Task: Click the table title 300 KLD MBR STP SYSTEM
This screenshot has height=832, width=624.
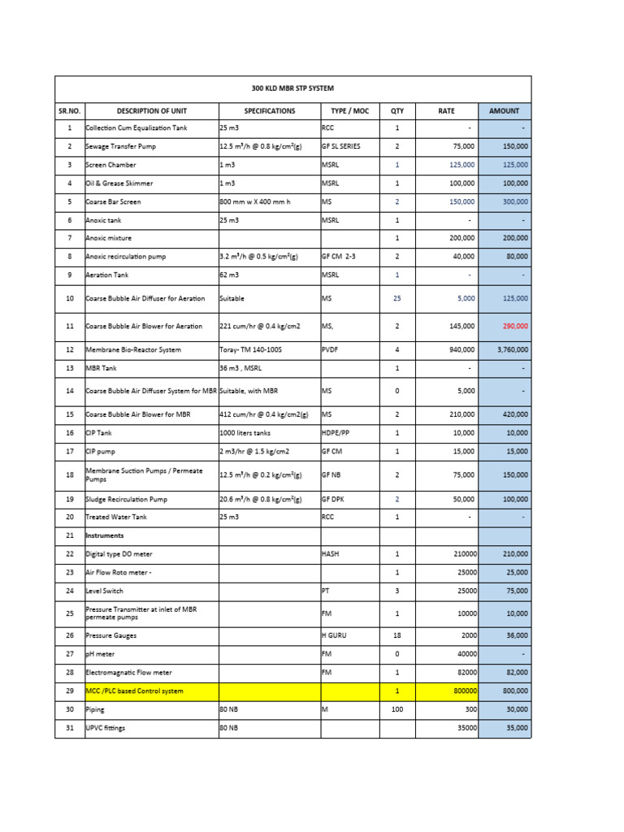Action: coord(292,89)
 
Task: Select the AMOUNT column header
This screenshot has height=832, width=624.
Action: coord(504,110)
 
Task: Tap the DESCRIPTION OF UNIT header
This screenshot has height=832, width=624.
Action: coord(152,110)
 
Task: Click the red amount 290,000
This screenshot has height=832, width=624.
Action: coord(513,326)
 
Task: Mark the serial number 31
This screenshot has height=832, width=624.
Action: coord(70,729)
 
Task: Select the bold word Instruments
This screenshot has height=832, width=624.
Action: coord(105,536)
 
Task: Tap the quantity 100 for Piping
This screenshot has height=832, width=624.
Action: coord(397,710)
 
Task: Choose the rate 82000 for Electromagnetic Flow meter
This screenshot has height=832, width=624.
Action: coord(463,673)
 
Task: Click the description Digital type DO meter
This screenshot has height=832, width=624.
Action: coord(119,555)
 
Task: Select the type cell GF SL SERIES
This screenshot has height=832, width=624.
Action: coord(341,146)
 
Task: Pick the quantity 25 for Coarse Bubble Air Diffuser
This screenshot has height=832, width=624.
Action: coord(397,298)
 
